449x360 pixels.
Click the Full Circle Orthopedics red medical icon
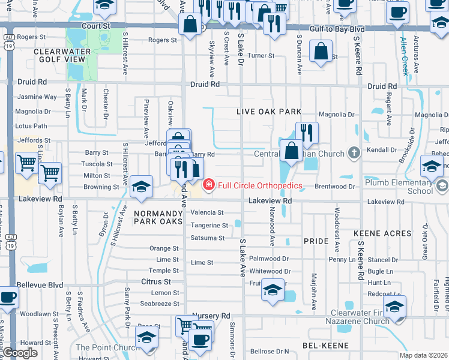point(209,185)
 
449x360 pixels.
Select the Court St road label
point(97,26)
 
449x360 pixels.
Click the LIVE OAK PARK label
point(268,112)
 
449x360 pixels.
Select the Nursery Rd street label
point(211,316)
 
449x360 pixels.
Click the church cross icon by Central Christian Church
point(355,154)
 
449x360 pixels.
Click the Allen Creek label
point(404,58)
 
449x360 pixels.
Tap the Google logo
point(19,352)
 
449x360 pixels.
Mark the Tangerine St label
point(209,226)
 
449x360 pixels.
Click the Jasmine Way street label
point(37,97)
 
